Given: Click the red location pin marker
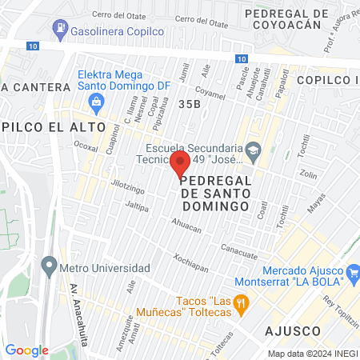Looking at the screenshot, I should pyautogui.click(x=179, y=165).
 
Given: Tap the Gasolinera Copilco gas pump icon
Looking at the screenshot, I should pyautogui.click(x=60, y=29).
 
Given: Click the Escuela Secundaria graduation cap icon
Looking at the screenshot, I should pyautogui.click(x=253, y=150).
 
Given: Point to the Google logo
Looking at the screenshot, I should pyautogui.click(x=26, y=350).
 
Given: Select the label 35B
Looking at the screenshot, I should pyautogui.click(x=190, y=104).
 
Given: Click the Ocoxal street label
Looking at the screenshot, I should pyautogui.click(x=86, y=146).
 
